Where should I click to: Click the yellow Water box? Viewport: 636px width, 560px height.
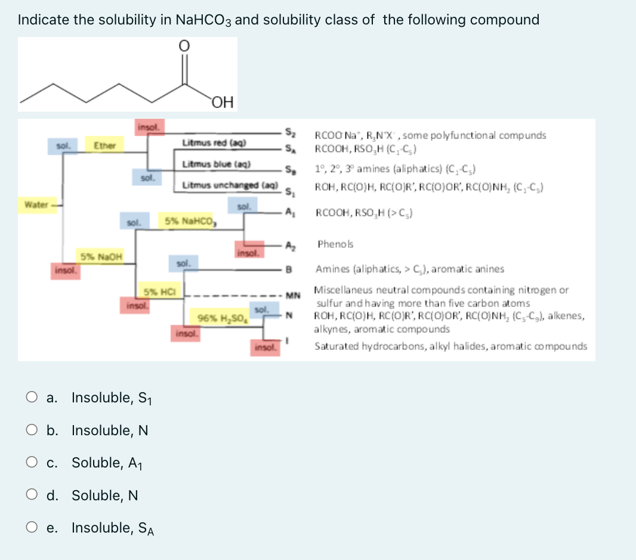click(x=36, y=205)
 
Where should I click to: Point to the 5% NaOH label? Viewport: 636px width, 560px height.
click(x=101, y=257)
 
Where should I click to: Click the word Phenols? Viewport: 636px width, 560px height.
click(x=335, y=244)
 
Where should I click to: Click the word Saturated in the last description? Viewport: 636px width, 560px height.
click(x=335, y=346)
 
